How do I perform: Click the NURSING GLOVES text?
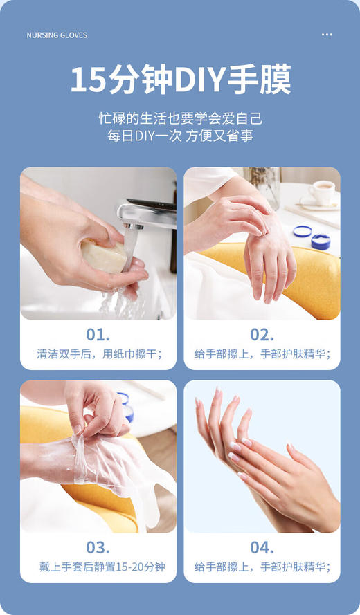point(57,35)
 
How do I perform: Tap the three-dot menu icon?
point(327,35)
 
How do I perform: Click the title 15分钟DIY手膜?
point(180,80)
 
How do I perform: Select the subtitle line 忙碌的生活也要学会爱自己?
point(180,118)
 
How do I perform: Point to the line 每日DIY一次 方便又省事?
point(180,136)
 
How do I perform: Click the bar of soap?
point(104,255)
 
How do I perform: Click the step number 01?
point(98,335)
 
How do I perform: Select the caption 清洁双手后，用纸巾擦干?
point(98,354)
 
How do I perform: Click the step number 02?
point(262,335)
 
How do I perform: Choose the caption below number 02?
point(262,354)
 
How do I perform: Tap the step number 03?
point(98,548)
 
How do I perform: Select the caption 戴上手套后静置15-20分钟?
point(98,567)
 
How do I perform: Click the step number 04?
point(262,548)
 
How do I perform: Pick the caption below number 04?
point(262,567)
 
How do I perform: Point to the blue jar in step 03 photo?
point(125,408)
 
